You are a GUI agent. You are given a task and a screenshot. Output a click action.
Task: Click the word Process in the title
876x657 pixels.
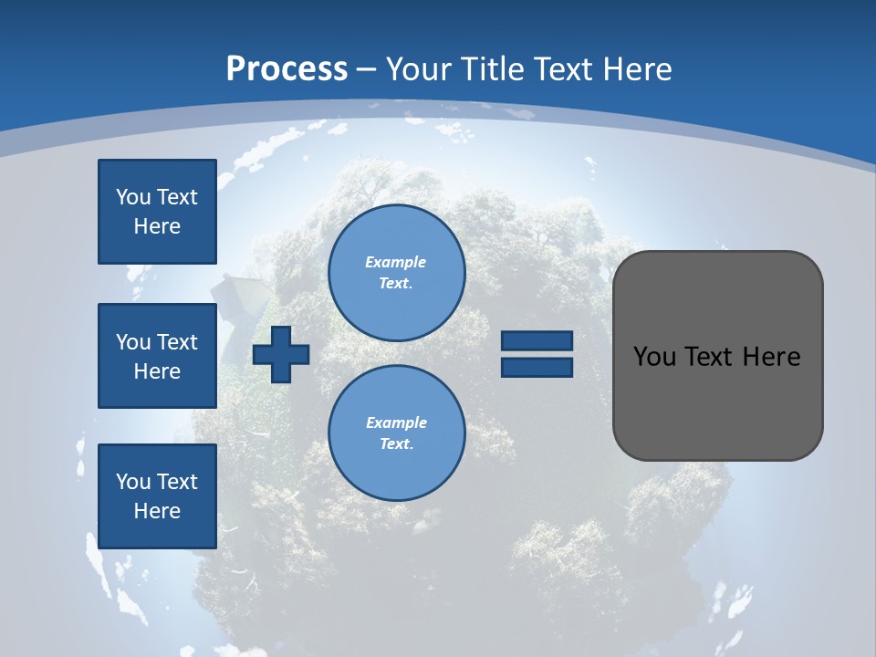(287, 68)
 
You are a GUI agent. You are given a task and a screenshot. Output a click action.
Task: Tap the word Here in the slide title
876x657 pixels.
(636, 68)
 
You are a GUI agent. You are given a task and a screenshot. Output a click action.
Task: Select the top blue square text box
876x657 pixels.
(157, 212)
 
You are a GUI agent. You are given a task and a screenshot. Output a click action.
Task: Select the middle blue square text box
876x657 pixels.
(157, 356)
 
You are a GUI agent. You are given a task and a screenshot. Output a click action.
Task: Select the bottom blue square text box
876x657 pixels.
(157, 496)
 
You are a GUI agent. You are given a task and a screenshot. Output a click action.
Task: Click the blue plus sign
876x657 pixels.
(281, 355)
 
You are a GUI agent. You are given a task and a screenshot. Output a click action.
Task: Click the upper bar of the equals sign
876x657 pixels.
(537, 341)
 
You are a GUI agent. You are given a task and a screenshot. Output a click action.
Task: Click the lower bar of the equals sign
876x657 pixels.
(537, 367)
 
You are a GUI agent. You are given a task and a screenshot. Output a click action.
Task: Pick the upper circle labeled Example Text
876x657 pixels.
(396, 273)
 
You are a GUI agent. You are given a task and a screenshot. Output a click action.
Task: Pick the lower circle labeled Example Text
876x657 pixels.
(396, 433)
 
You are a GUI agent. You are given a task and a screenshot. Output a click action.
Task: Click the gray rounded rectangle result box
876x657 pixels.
(717, 356)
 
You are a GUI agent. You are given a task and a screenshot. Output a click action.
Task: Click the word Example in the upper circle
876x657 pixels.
(395, 262)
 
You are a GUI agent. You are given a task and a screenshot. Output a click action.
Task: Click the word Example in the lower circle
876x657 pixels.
(395, 422)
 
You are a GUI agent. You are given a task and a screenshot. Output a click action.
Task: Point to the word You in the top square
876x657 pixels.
(133, 197)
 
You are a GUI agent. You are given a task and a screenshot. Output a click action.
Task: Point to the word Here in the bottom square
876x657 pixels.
(157, 511)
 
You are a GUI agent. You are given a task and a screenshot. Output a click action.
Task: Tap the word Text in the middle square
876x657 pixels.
(176, 342)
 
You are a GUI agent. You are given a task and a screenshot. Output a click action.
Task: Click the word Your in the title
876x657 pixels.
(416, 68)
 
